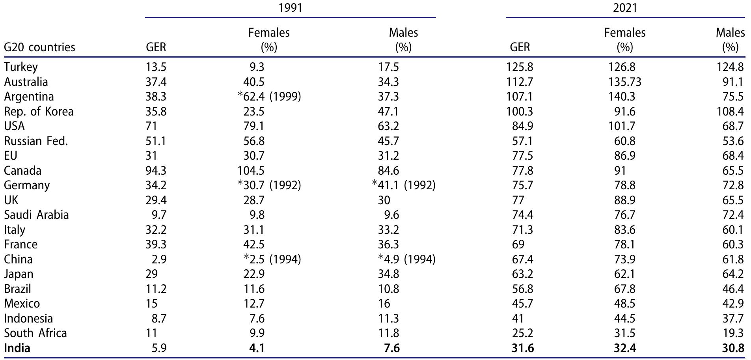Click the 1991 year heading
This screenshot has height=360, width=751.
(x=290, y=8)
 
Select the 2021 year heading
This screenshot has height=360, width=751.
(x=625, y=8)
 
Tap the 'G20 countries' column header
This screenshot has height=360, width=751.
(x=39, y=47)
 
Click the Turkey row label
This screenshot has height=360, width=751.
(x=21, y=67)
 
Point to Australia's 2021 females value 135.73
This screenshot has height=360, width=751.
(x=624, y=82)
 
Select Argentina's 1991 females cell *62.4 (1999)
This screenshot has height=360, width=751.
(x=269, y=97)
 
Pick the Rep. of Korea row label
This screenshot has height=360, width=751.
(x=39, y=112)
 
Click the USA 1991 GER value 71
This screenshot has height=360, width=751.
(x=151, y=126)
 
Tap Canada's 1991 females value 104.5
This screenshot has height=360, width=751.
(x=254, y=171)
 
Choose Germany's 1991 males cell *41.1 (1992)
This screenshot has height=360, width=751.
(x=404, y=185)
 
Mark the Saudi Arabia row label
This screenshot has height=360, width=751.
(x=36, y=215)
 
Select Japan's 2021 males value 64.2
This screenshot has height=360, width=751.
(x=733, y=274)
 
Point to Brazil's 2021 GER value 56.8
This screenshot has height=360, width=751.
(x=522, y=289)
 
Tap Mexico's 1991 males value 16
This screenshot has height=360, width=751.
(x=384, y=304)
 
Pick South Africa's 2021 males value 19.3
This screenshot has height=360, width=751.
(x=733, y=333)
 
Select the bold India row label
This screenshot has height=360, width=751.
(x=17, y=348)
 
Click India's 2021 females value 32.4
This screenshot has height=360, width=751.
(x=624, y=348)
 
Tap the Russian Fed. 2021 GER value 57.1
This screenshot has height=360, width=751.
(x=522, y=141)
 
